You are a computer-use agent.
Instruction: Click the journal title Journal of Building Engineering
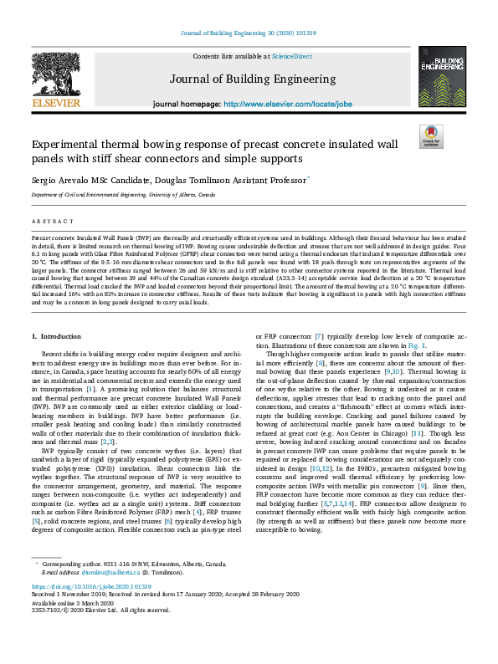248,80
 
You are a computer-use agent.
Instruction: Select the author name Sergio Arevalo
58,179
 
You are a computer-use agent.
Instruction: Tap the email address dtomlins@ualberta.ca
106,595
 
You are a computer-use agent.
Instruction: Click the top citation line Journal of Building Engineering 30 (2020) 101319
249,33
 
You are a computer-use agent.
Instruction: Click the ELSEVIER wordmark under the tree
56,103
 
